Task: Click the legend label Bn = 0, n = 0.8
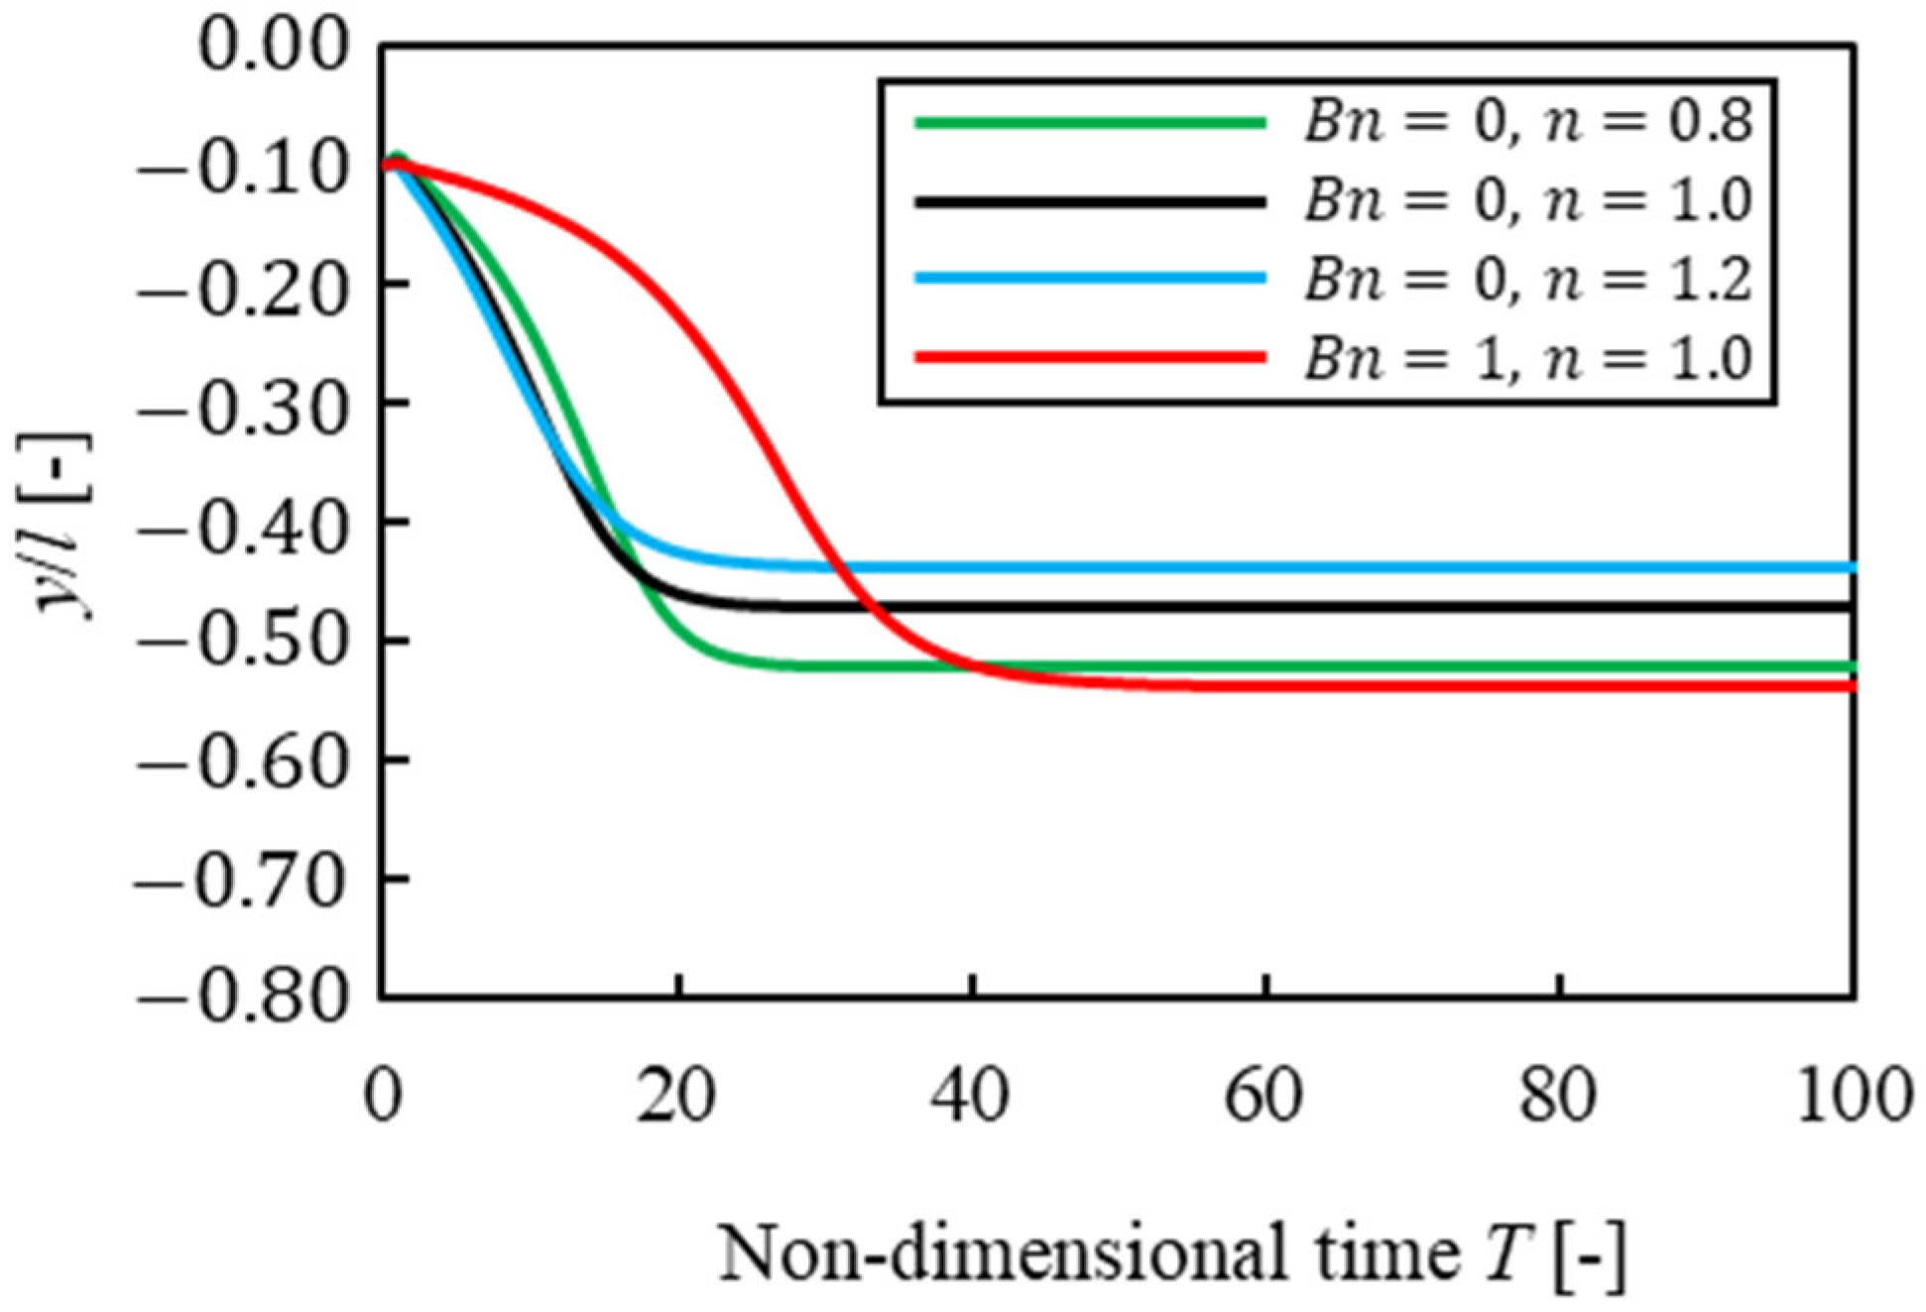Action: coord(1527,123)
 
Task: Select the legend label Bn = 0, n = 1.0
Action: coord(1527,201)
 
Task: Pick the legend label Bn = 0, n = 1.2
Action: coord(1527,279)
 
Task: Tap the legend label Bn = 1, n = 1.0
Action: coord(1527,357)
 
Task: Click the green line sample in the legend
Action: coord(1090,123)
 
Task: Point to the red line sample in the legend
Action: coord(1090,357)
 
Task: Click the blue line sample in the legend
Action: coord(1090,279)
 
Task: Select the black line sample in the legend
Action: coord(1090,201)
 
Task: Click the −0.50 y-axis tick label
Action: coord(243,641)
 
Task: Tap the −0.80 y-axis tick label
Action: coord(243,998)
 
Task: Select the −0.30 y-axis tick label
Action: coord(243,403)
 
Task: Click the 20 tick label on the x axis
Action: coord(676,1099)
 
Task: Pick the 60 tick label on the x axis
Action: coord(1264,1099)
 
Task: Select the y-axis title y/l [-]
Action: coord(65,526)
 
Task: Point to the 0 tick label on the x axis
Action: coord(383,1099)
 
